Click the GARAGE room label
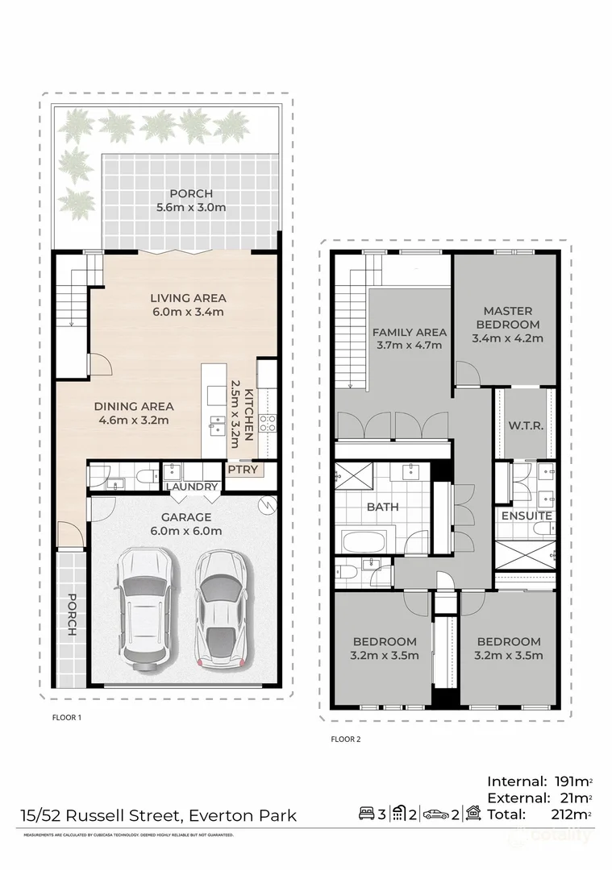pyautogui.click(x=185, y=517)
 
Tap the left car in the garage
pyautogui.click(x=146, y=608)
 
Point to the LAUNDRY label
pyautogui.click(x=192, y=487)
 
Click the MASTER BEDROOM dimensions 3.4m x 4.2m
pyautogui.click(x=507, y=338)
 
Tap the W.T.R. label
pyautogui.click(x=523, y=425)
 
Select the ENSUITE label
pyautogui.click(x=527, y=516)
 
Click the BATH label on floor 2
pyautogui.click(x=382, y=507)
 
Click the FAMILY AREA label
pyautogui.click(x=409, y=332)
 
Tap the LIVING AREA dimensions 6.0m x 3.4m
pyautogui.click(x=187, y=312)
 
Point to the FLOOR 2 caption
pyautogui.click(x=346, y=738)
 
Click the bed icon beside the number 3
pyautogui.click(x=367, y=815)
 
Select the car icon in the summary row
pyautogui.click(x=435, y=815)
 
